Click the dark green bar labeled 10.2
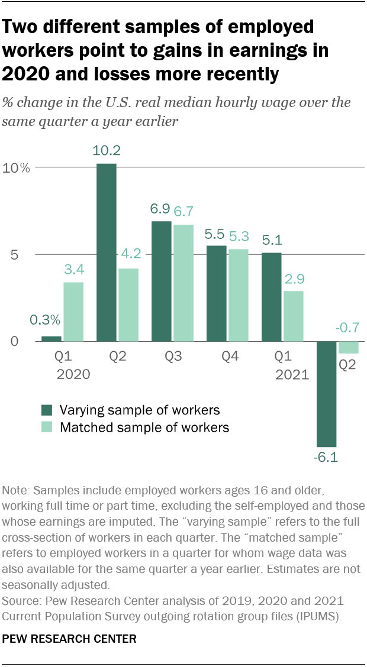point(107,252)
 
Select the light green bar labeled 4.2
point(128,305)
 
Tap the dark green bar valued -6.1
point(326,394)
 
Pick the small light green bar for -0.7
point(348,348)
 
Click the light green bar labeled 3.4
point(73,312)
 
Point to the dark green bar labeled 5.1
point(271,297)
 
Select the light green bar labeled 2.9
point(293,316)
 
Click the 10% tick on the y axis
point(17,168)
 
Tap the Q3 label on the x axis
point(172,357)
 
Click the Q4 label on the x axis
point(228,357)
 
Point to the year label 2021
point(292,374)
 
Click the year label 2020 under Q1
point(73,374)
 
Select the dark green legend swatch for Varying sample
point(47,410)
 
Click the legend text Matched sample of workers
point(144,427)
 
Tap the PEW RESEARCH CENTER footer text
point(69,639)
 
